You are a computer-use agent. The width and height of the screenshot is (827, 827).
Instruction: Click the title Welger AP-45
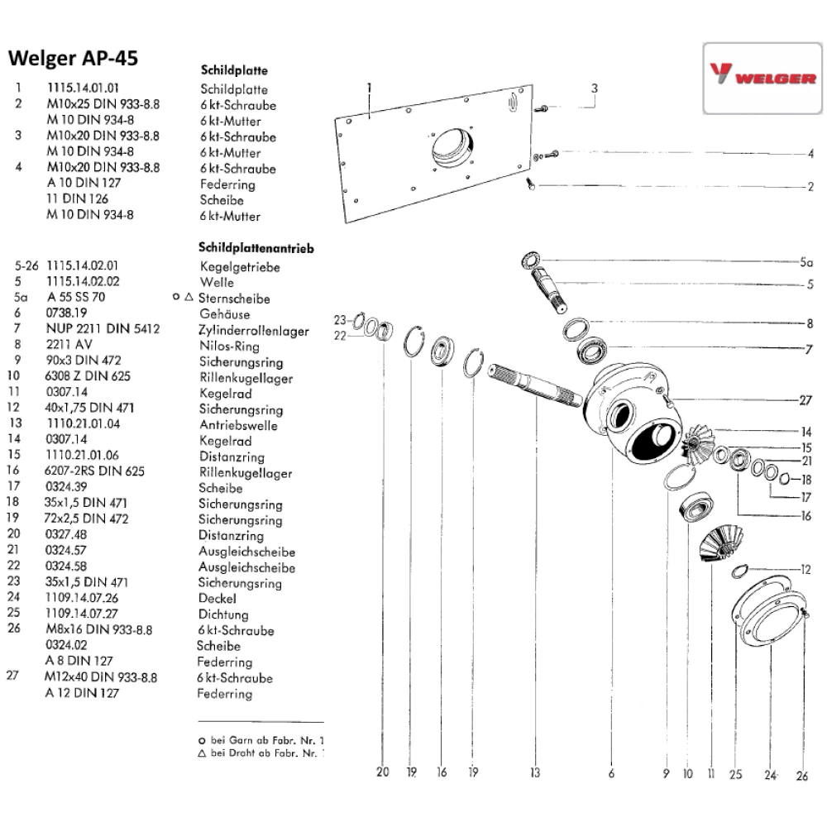72,59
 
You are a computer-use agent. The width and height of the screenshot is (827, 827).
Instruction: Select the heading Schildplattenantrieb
256,247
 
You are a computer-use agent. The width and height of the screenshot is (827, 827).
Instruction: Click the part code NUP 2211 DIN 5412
103,330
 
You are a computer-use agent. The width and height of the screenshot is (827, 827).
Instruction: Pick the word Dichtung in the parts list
223,614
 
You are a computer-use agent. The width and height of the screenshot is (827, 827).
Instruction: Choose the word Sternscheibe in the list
235,299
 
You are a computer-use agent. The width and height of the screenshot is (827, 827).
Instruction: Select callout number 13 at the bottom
535,772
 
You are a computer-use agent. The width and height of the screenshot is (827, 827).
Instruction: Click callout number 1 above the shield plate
369,86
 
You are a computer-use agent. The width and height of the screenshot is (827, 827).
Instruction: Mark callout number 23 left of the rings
338,319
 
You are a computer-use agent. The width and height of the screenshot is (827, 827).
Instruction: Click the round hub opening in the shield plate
452,150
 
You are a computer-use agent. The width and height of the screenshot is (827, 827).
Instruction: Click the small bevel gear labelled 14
698,439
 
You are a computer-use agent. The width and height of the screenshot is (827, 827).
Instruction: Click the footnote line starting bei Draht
264,753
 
